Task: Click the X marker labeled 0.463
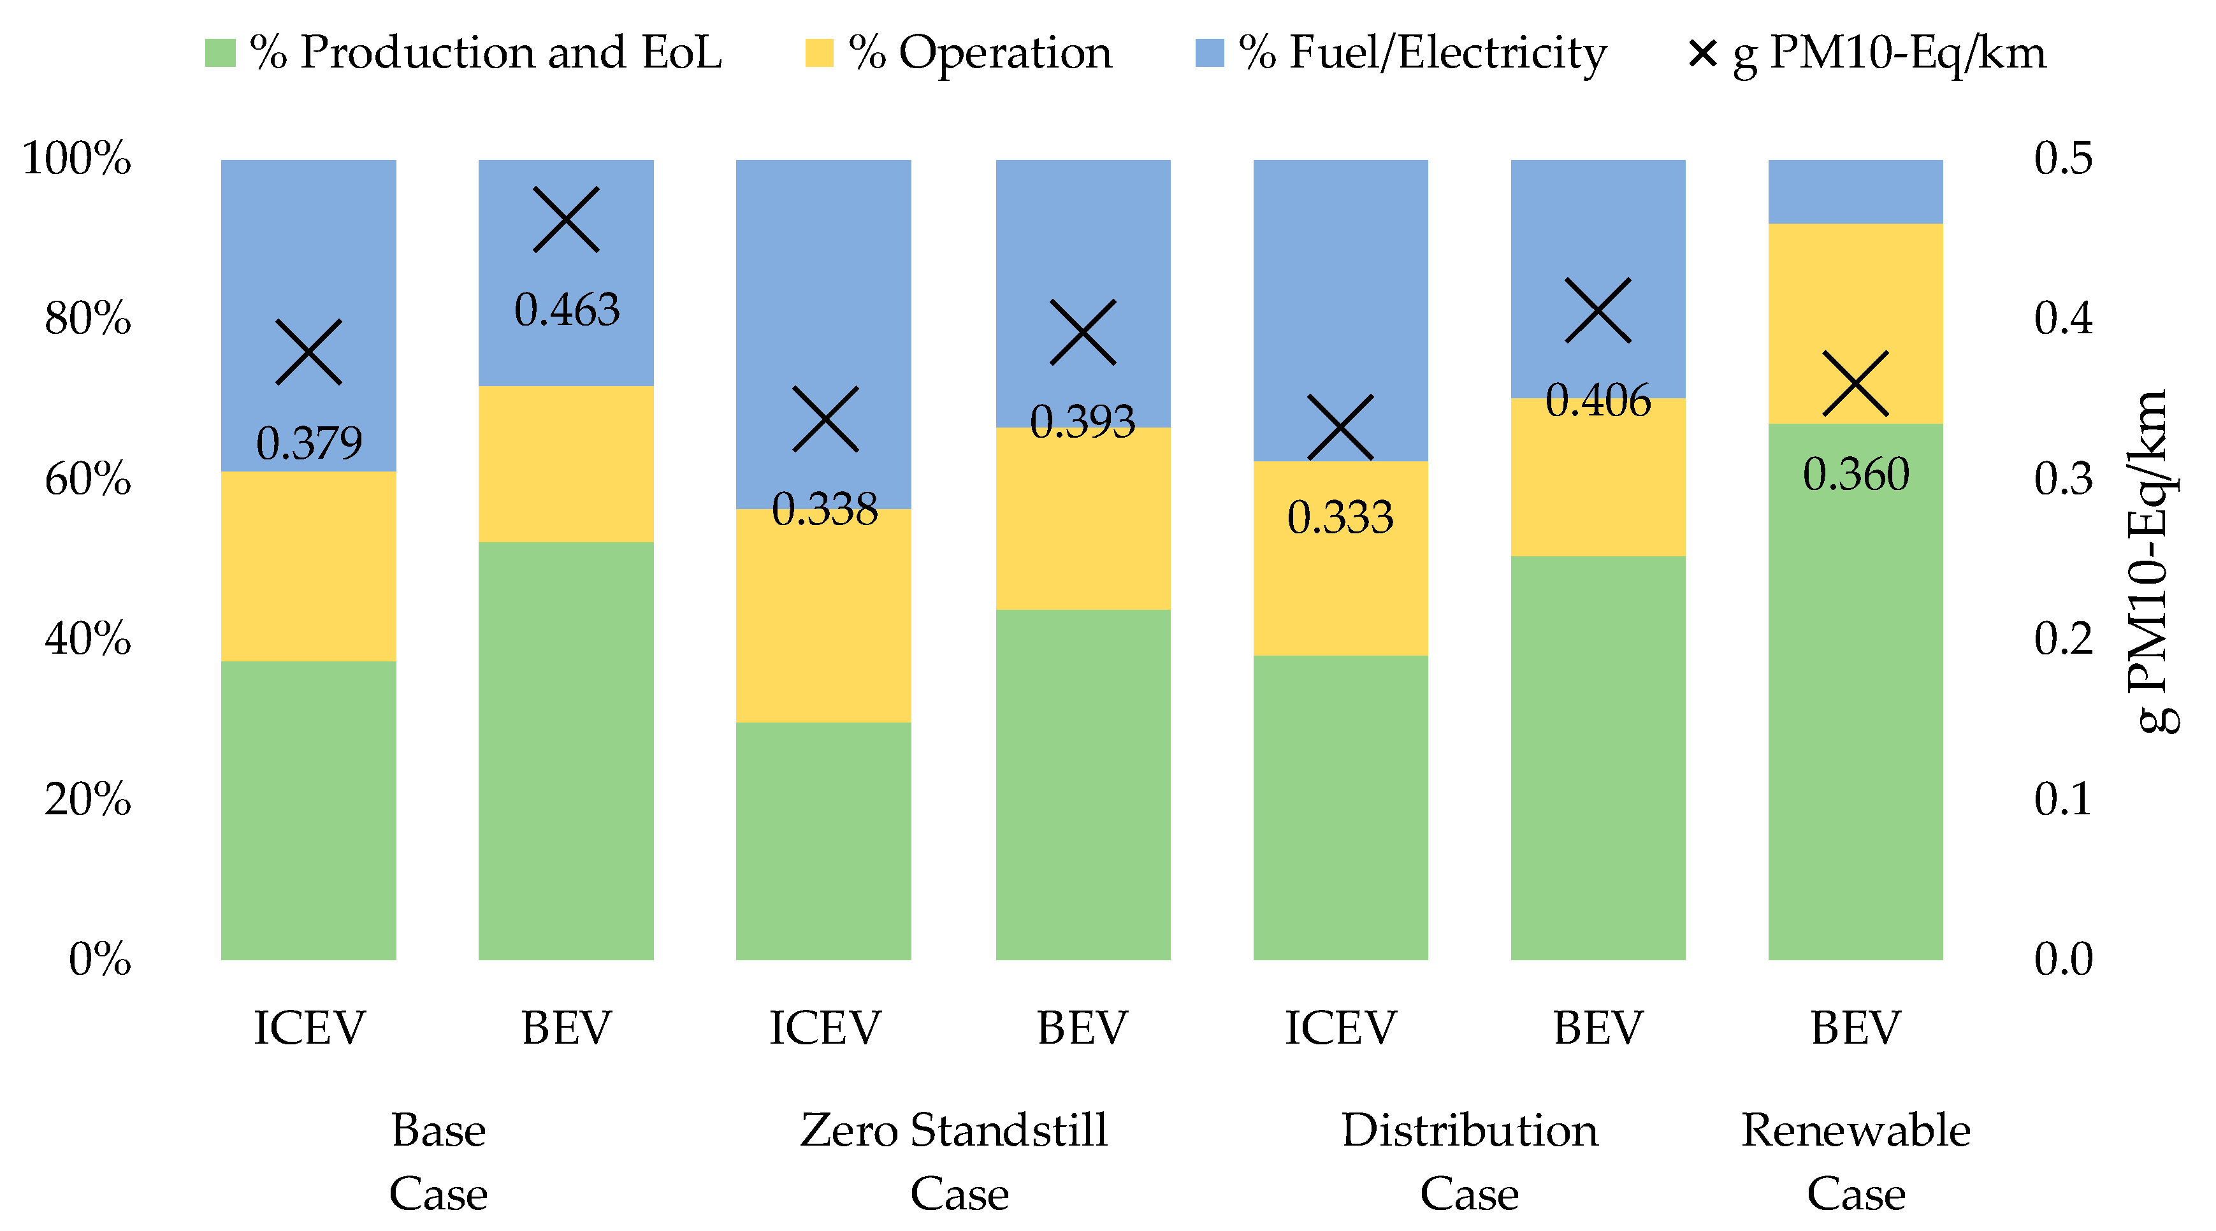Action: click(565, 219)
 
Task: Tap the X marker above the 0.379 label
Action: click(308, 352)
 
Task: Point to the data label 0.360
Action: click(1855, 473)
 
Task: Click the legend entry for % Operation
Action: click(959, 54)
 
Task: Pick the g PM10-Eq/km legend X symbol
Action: click(1702, 54)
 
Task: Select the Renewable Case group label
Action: click(1855, 1162)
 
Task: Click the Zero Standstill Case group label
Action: click(955, 1162)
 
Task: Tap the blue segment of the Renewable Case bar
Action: click(1855, 191)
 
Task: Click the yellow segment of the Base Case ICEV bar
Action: click(308, 566)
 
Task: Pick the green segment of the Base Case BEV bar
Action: click(565, 750)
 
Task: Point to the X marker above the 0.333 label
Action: click(1340, 428)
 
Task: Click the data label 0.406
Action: click(1598, 400)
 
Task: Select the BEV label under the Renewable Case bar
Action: click(1855, 1027)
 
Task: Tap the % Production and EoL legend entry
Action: click(463, 54)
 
